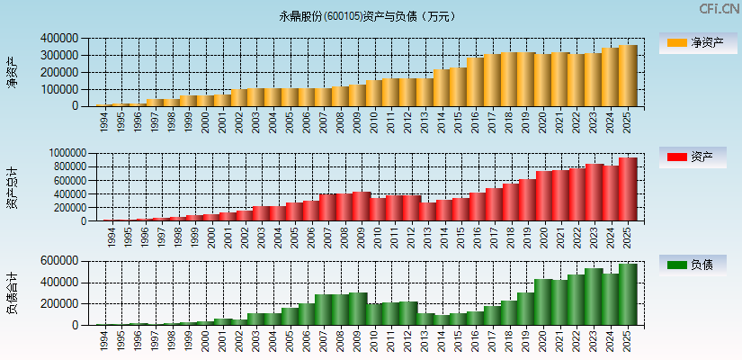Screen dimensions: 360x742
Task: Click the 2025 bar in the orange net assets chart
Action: pos(627,76)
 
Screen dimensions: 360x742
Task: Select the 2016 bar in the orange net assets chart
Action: pos(475,82)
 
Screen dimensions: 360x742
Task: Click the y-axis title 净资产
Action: pos(12,72)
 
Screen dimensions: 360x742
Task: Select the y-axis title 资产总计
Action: pos(12,187)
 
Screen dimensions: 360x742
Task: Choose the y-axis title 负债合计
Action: pos(12,293)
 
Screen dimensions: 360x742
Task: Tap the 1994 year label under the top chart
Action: pos(104,121)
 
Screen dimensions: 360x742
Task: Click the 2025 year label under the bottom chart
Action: pos(627,339)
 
